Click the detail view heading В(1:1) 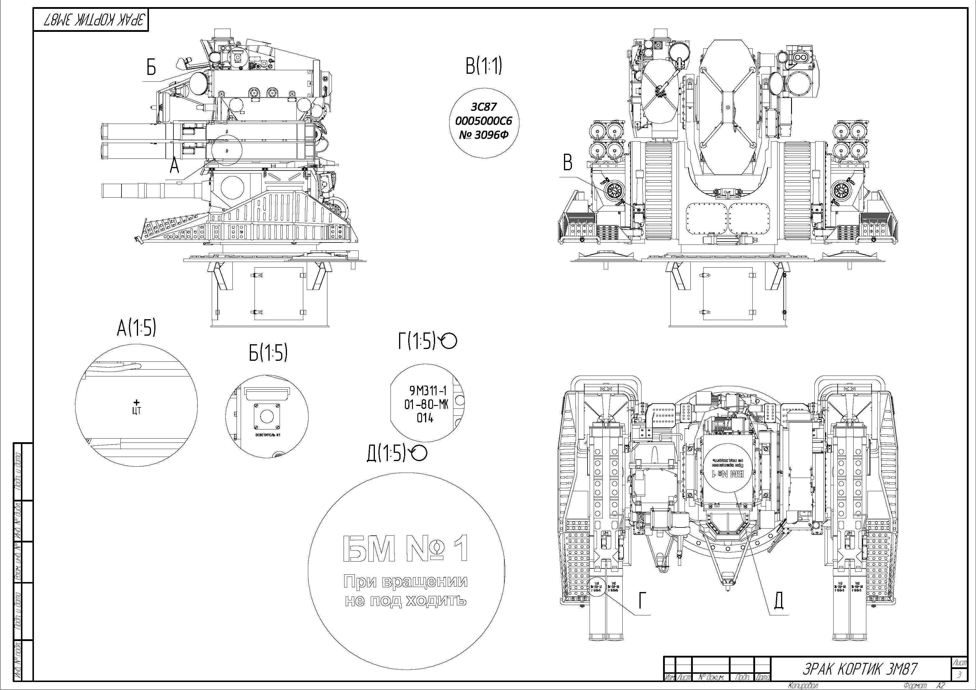(x=484, y=66)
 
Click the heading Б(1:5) (x=268, y=353)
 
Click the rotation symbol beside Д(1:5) (x=419, y=454)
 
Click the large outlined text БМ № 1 (x=406, y=549)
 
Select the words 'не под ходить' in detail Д (x=406, y=601)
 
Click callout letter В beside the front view (x=567, y=163)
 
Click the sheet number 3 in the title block (x=959, y=675)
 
